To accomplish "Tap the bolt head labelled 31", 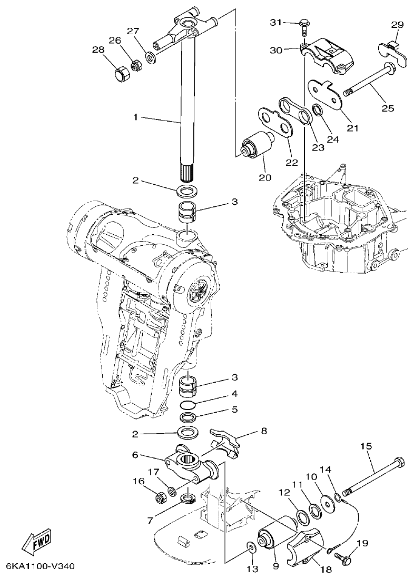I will click(304, 23).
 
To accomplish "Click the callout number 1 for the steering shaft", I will click(135, 117).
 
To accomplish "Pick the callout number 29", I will click(397, 25).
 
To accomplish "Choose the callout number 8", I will click(263, 431).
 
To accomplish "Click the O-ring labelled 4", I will click(189, 405).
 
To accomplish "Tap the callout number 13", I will click(252, 568).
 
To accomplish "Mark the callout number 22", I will click(291, 162).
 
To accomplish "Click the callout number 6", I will click(135, 454).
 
